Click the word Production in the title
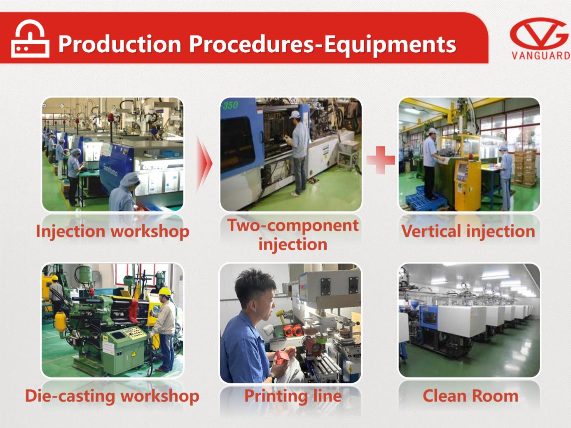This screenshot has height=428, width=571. pos(120,44)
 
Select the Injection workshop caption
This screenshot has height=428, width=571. pos(112,231)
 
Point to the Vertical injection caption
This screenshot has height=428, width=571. pos(468,231)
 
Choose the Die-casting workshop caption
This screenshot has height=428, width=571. pos(112,396)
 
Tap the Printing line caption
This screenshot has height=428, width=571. pos(293,396)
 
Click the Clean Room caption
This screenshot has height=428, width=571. pos(470,396)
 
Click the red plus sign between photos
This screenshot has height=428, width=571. pos(381,160)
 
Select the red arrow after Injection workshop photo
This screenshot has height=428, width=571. pos(204,164)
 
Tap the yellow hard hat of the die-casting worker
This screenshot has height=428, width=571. pos(165,292)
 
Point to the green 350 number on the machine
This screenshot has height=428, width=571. pos(230,105)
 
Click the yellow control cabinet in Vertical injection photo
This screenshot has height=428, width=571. pos(468,185)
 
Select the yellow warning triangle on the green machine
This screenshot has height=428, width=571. pos(134,353)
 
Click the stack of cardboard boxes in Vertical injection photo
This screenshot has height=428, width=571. pos(525,168)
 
